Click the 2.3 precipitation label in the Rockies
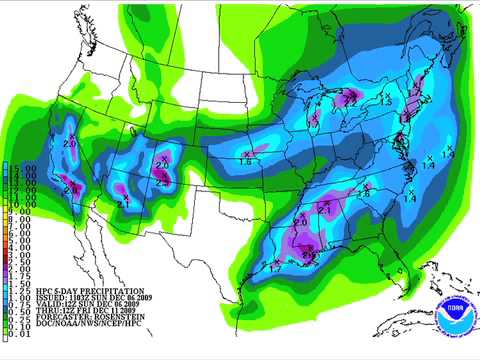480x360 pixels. pyautogui.click(x=162, y=182)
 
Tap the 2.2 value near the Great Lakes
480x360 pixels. pyautogui.click(x=350, y=101)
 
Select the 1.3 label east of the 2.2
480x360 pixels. pyautogui.click(x=385, y=101)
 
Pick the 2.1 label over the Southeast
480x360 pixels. pyautogui.click(x=325, y=210)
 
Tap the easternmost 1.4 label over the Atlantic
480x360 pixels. pyautogui.click(x=447, y=155)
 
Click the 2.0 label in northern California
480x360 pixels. pyautogui.click(x=69, y=143)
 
